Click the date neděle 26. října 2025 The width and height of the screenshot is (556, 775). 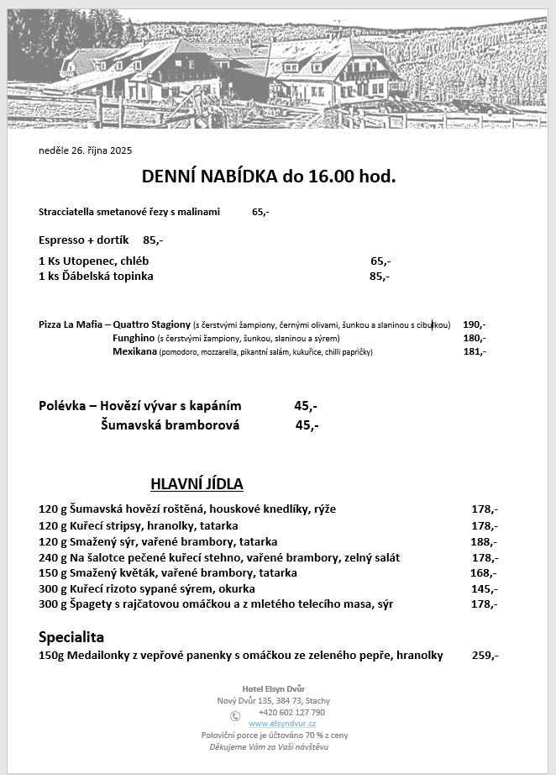(x=86, y=151)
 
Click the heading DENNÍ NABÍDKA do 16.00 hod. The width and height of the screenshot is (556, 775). (x=269, y=177)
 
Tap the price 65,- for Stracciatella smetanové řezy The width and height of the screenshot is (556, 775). (x=260, y=212)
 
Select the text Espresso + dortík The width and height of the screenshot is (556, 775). (x=84, y=240)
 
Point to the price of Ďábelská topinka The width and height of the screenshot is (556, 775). (x=380, y=276)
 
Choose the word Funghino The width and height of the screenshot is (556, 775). (x=133, y=338)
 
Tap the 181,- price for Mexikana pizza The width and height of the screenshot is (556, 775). (x=475, y=351)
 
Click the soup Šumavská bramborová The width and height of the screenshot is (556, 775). (x=170, y=425)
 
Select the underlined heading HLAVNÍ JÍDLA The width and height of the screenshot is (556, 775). (x=197, y=483)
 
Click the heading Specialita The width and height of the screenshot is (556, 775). (x=71, y=636)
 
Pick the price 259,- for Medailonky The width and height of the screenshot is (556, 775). (x=485, y=656)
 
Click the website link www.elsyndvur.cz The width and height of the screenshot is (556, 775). (x=282, y=724)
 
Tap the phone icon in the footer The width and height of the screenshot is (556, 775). (x=235, y=716)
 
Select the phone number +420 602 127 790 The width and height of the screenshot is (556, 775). (x=291, y=712)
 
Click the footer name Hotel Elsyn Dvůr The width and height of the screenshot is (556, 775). (x=273, y=688)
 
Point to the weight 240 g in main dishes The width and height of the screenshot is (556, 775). (x=50, y=557)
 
